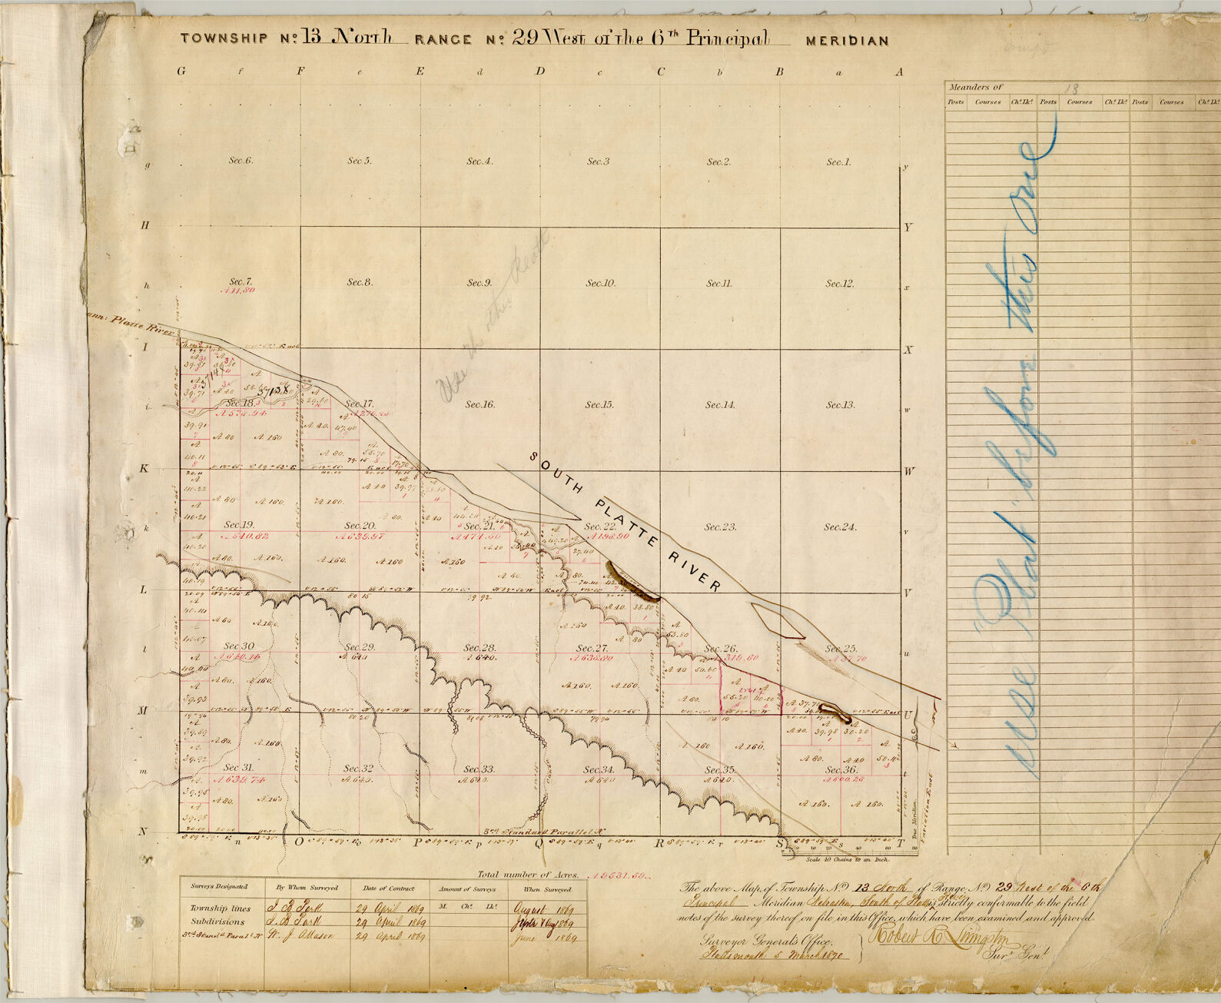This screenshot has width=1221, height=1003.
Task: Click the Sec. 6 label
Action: point(241,161)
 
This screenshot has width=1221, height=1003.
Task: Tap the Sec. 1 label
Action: point(838,162)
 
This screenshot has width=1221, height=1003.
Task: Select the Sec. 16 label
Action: point(479,404)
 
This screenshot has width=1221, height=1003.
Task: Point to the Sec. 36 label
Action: point(840,769)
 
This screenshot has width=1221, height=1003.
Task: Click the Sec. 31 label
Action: point(238,768)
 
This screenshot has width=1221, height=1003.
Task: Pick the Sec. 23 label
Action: point(720,527)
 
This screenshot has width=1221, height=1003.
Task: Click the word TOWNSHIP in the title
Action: point(224,38)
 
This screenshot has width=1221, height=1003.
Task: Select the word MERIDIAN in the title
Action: point(847,42)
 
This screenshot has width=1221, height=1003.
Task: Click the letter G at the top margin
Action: point(181,71)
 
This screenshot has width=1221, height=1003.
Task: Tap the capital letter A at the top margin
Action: point(898,72)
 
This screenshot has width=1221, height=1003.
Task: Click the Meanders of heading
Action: point(975,88)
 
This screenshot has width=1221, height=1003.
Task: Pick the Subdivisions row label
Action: point(217,922)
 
